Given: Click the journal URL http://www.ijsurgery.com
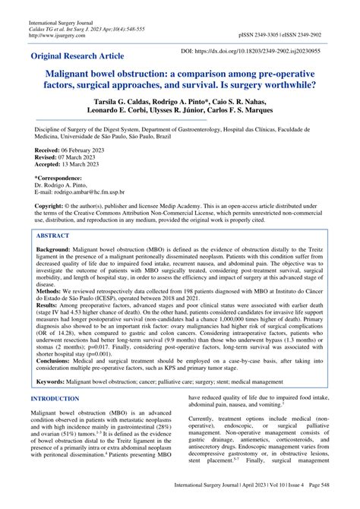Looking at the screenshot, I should (58, 34).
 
